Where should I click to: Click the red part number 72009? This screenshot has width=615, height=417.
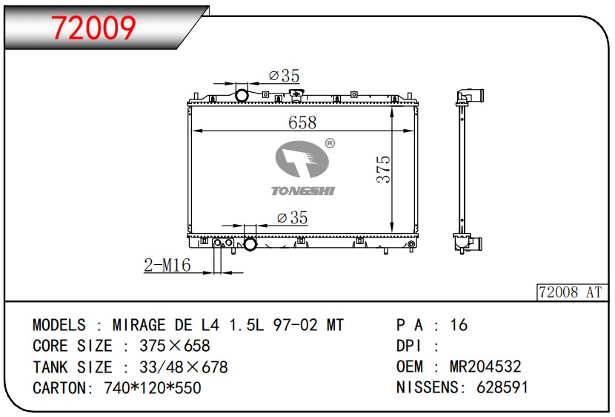(x=93, y=27)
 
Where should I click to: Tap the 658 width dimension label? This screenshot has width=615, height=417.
(x=302, y=122)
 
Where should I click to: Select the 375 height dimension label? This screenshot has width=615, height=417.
(x=384, y=169)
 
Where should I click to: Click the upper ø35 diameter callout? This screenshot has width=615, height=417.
(x=285, y=76)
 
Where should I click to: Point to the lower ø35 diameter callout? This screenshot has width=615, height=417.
(x=292, y=217)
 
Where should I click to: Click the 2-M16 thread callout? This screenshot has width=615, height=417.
(x=167, y=265)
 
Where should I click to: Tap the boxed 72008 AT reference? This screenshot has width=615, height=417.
(x=571, y=292)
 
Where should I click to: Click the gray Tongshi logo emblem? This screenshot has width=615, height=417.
(x=302, y=159)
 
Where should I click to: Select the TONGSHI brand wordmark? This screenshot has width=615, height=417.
(x=303, y=191)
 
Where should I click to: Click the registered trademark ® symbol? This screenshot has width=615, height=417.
(x=330, y=143)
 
